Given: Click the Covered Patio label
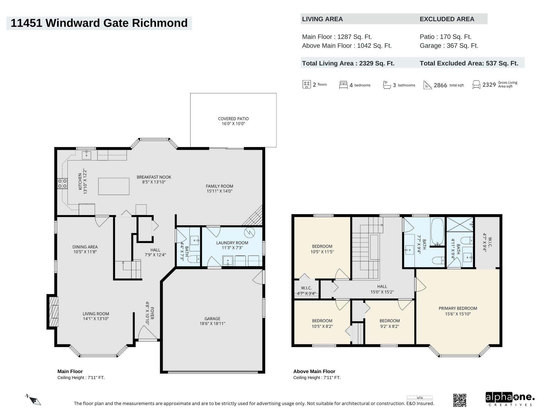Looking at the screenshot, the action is coord(233,119).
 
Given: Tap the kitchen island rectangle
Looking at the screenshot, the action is coord(114,186).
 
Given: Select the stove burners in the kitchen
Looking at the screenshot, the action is coord(62,184).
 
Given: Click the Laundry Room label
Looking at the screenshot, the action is coord(232,243).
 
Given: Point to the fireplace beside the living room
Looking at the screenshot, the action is coord(53,311).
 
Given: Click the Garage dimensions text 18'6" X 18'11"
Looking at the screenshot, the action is coord(212,323).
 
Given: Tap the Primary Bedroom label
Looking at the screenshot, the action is coord(458,308).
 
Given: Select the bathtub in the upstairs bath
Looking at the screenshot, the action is coord(437,232).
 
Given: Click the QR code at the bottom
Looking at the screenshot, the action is coord(460,400).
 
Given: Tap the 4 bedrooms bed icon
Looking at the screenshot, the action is coord(343,85).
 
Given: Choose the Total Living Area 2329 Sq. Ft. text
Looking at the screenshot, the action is coord(348,63).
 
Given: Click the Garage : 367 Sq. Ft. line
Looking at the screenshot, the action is coord(449,46).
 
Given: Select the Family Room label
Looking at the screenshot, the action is coord(219,186).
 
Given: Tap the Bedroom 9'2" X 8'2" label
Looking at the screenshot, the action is coord(390,323).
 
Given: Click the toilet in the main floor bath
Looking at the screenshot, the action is coord(193,259).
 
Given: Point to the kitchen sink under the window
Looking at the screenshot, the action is coord(86,155).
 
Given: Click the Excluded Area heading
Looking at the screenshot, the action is coord(447,19).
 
